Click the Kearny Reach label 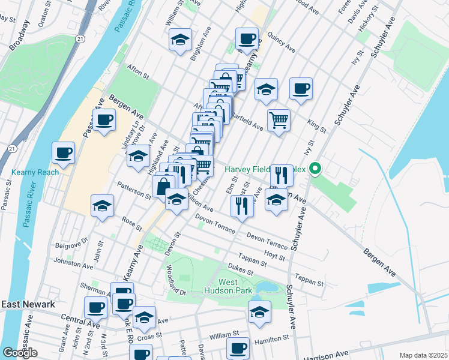point(35,173)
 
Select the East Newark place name point(28,304)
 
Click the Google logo point(20,353)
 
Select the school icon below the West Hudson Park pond point(259,312)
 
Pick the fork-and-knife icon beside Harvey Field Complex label point(282,175)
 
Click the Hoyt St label point(274,256)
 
